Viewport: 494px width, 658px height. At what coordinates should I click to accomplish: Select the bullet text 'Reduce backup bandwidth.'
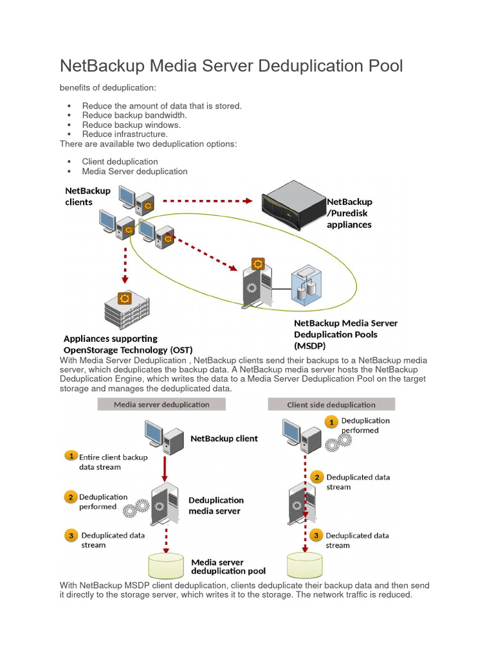coord(134,115)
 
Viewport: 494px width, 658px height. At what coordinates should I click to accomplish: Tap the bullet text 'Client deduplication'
coord(120,162)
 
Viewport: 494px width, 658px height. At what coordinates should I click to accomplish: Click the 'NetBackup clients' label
coord(88,197)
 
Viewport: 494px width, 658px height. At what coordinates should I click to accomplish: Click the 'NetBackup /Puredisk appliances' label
coord(349,213)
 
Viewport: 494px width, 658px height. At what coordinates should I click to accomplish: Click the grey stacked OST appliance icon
coord(125,309)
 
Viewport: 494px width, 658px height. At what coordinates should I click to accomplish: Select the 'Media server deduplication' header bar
coord(161,404)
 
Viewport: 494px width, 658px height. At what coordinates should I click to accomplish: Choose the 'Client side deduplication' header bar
coord(331,404)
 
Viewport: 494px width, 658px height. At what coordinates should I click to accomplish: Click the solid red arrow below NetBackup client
coord(165,468)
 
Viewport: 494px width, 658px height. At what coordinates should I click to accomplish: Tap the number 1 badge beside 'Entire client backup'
coord(71,456)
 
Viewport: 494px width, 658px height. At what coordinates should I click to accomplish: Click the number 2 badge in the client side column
coord(316,477)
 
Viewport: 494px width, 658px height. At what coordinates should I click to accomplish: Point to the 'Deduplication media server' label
coord(215,505)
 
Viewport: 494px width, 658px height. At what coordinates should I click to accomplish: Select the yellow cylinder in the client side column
coord(304,564)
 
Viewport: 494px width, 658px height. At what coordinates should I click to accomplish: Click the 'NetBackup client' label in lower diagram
coord(224,438)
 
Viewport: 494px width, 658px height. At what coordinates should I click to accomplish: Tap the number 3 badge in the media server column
coord(71,535)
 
